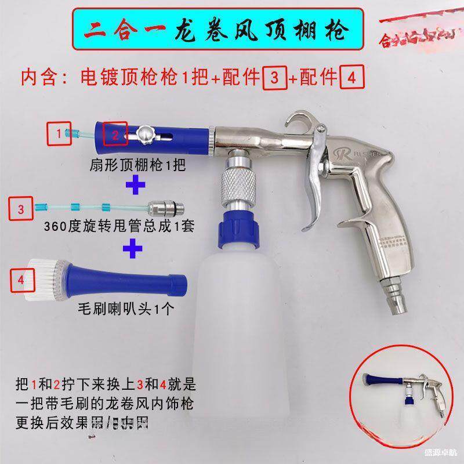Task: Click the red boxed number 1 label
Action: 59,133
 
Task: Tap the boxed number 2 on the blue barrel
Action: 115,135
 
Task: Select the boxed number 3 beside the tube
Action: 21,209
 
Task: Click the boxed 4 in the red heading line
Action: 347,78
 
